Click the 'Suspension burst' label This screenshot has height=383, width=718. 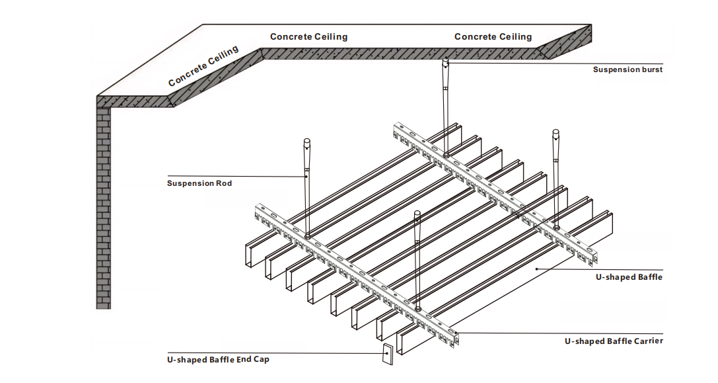627,69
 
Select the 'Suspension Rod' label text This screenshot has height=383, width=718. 199,183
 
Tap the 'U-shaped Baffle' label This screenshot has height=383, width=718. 629,277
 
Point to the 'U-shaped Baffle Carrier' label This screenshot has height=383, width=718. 613,341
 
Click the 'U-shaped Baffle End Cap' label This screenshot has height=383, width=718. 218,360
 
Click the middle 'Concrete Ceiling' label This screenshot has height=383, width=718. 308,37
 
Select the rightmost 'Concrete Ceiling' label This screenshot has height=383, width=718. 493,37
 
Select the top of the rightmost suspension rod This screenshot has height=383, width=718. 556,136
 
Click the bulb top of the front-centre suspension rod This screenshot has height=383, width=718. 417,216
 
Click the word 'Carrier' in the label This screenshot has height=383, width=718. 647,341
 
